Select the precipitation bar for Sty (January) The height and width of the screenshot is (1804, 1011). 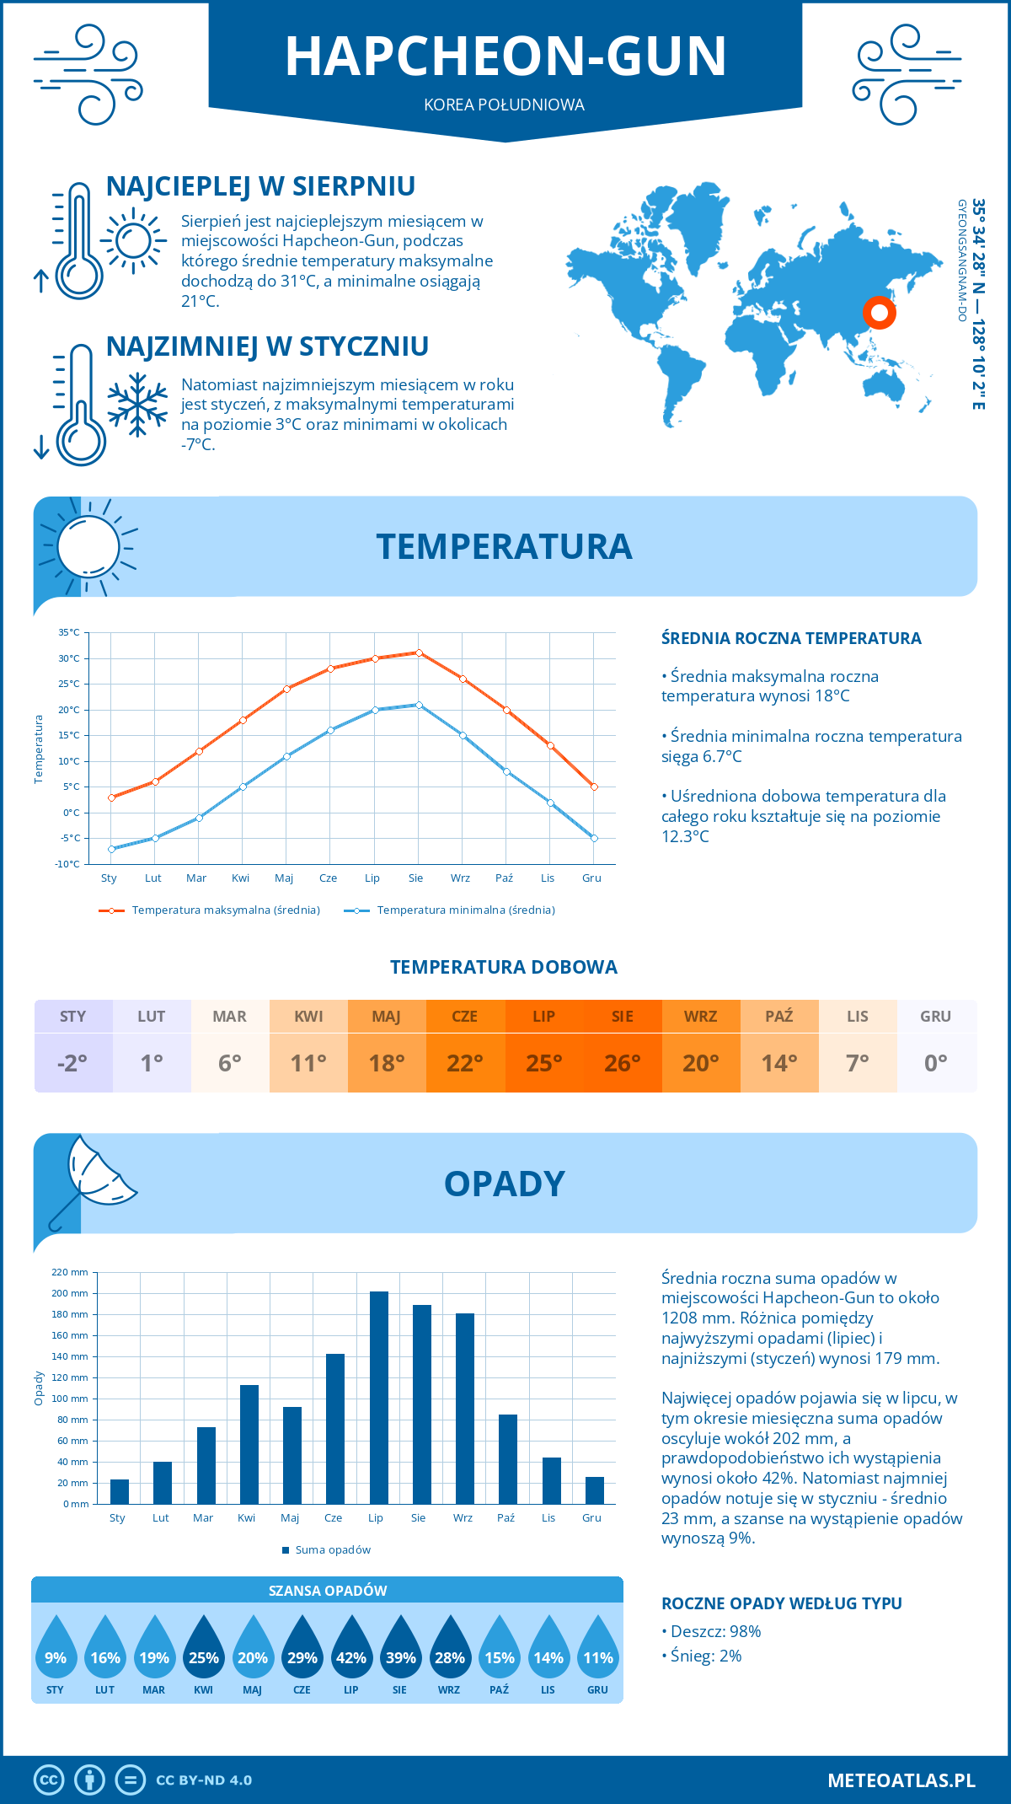point(120,1491)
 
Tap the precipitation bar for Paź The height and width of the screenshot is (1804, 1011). point(508,1459)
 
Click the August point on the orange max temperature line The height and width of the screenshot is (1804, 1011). point(419,652)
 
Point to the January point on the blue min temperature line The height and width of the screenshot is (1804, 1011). point(111,849)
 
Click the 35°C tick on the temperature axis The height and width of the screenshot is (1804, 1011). point(69,632)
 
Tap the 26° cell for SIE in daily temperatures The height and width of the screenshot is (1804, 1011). point(623,1063)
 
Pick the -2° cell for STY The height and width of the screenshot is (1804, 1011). point(73,1063)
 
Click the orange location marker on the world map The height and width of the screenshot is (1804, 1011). point(879,314)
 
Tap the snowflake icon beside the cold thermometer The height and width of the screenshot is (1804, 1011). point(137,405)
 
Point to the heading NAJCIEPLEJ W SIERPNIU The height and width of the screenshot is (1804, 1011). point(260,186)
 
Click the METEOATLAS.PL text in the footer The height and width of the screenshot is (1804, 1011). point(901,1780)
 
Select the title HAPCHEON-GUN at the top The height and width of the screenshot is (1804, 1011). point(505,56)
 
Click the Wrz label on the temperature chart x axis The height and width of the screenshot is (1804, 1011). point(460,878)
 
